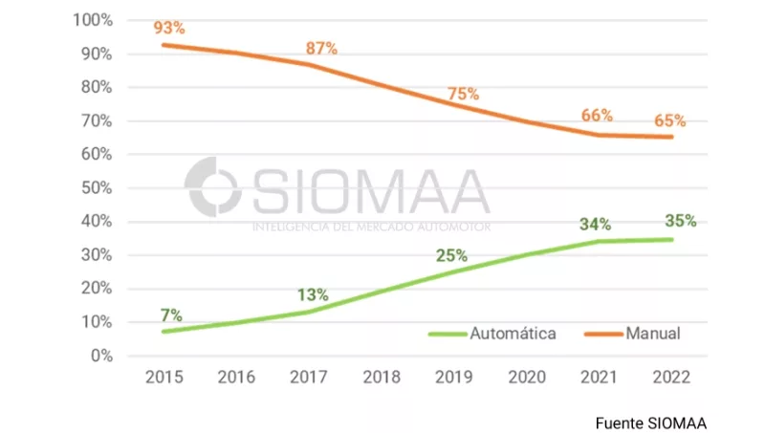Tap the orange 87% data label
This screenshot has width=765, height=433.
click(x=321, y=49)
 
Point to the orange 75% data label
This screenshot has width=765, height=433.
click(x=464, y=94)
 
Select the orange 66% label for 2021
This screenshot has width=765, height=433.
click(x=597, y=116)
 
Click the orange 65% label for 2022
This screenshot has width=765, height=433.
click(x=669, y=121)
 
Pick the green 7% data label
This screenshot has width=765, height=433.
click(x=171, y=315)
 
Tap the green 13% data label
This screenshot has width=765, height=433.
click(x=313, y=294)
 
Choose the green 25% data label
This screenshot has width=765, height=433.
click(x=451, y=255)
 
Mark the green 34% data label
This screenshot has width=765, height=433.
click(x=595, y=225)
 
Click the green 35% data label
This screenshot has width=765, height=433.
click(x=680, y=221)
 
